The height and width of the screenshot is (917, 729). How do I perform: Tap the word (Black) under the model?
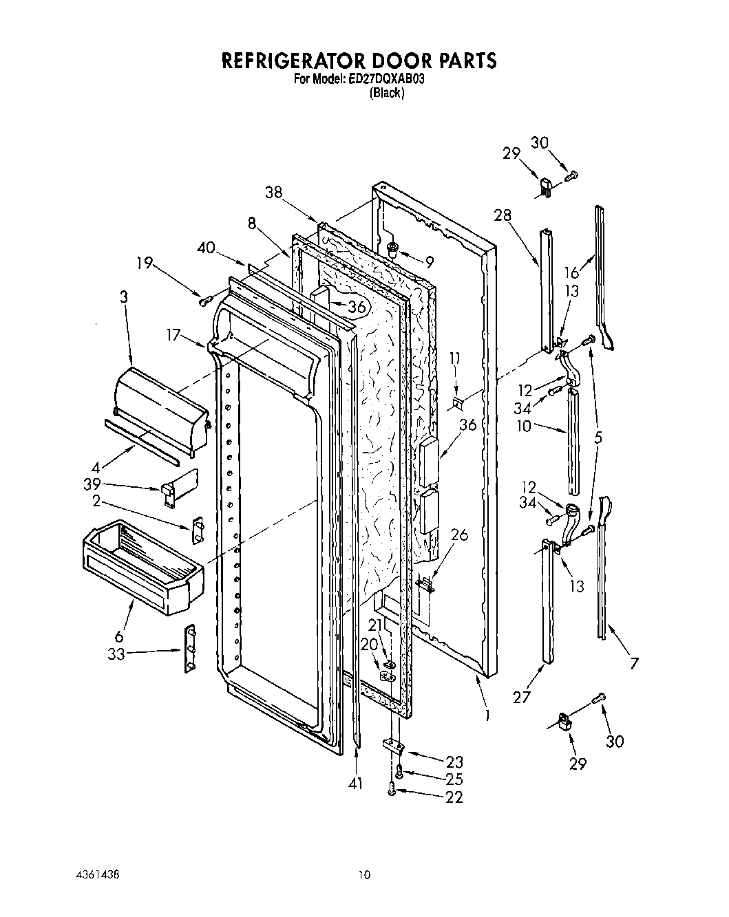click(x=386, y=93)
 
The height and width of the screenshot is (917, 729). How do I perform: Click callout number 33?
click(x=116, y=654)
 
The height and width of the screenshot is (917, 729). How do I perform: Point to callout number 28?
click(x=503, y=215)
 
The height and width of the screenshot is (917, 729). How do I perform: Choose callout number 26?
click(x=459, y=534)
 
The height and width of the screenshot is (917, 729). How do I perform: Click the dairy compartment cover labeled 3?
click(x=162, y=411)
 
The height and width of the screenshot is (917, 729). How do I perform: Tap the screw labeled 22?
click(x=392, y=792)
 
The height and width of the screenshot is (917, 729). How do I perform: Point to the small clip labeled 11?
click(x=457, y=401)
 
